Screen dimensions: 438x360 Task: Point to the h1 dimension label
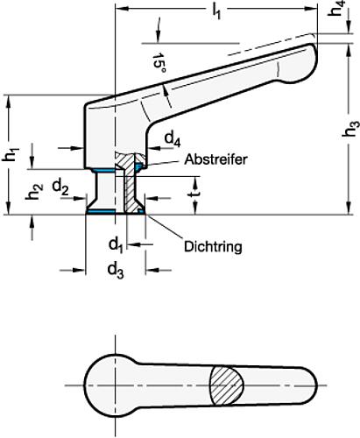tap(11, 156)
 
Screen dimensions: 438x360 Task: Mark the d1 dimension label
tap(114, 241)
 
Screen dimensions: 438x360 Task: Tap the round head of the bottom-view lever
tap(111, 384)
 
